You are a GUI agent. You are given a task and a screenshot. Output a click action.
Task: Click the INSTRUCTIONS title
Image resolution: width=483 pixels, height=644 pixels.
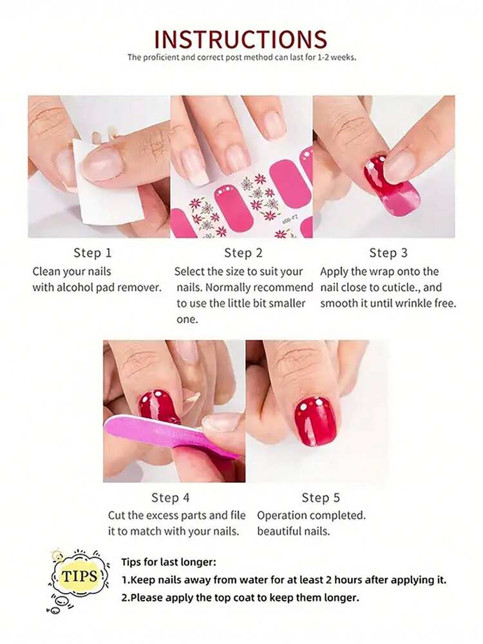(241, 39)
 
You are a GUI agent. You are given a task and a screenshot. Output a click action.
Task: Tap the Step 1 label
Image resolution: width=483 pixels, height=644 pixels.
(92, 253)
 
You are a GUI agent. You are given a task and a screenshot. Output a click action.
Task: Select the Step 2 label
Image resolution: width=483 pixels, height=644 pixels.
(243, 253)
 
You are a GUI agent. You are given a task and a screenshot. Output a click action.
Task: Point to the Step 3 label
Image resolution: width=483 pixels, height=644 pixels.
(388, 253)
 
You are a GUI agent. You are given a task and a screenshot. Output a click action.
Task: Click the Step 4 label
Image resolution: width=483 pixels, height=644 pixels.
(170, 498)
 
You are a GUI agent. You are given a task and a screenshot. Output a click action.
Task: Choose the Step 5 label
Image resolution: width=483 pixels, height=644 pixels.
(321, 498)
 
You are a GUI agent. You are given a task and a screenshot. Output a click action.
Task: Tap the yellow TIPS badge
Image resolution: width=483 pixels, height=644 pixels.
(79, 577)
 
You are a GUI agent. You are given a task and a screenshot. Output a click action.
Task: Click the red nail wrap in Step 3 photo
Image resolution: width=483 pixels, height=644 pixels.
(392, 187)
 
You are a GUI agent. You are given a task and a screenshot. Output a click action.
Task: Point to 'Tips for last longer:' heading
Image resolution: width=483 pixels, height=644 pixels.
(169, 562)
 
